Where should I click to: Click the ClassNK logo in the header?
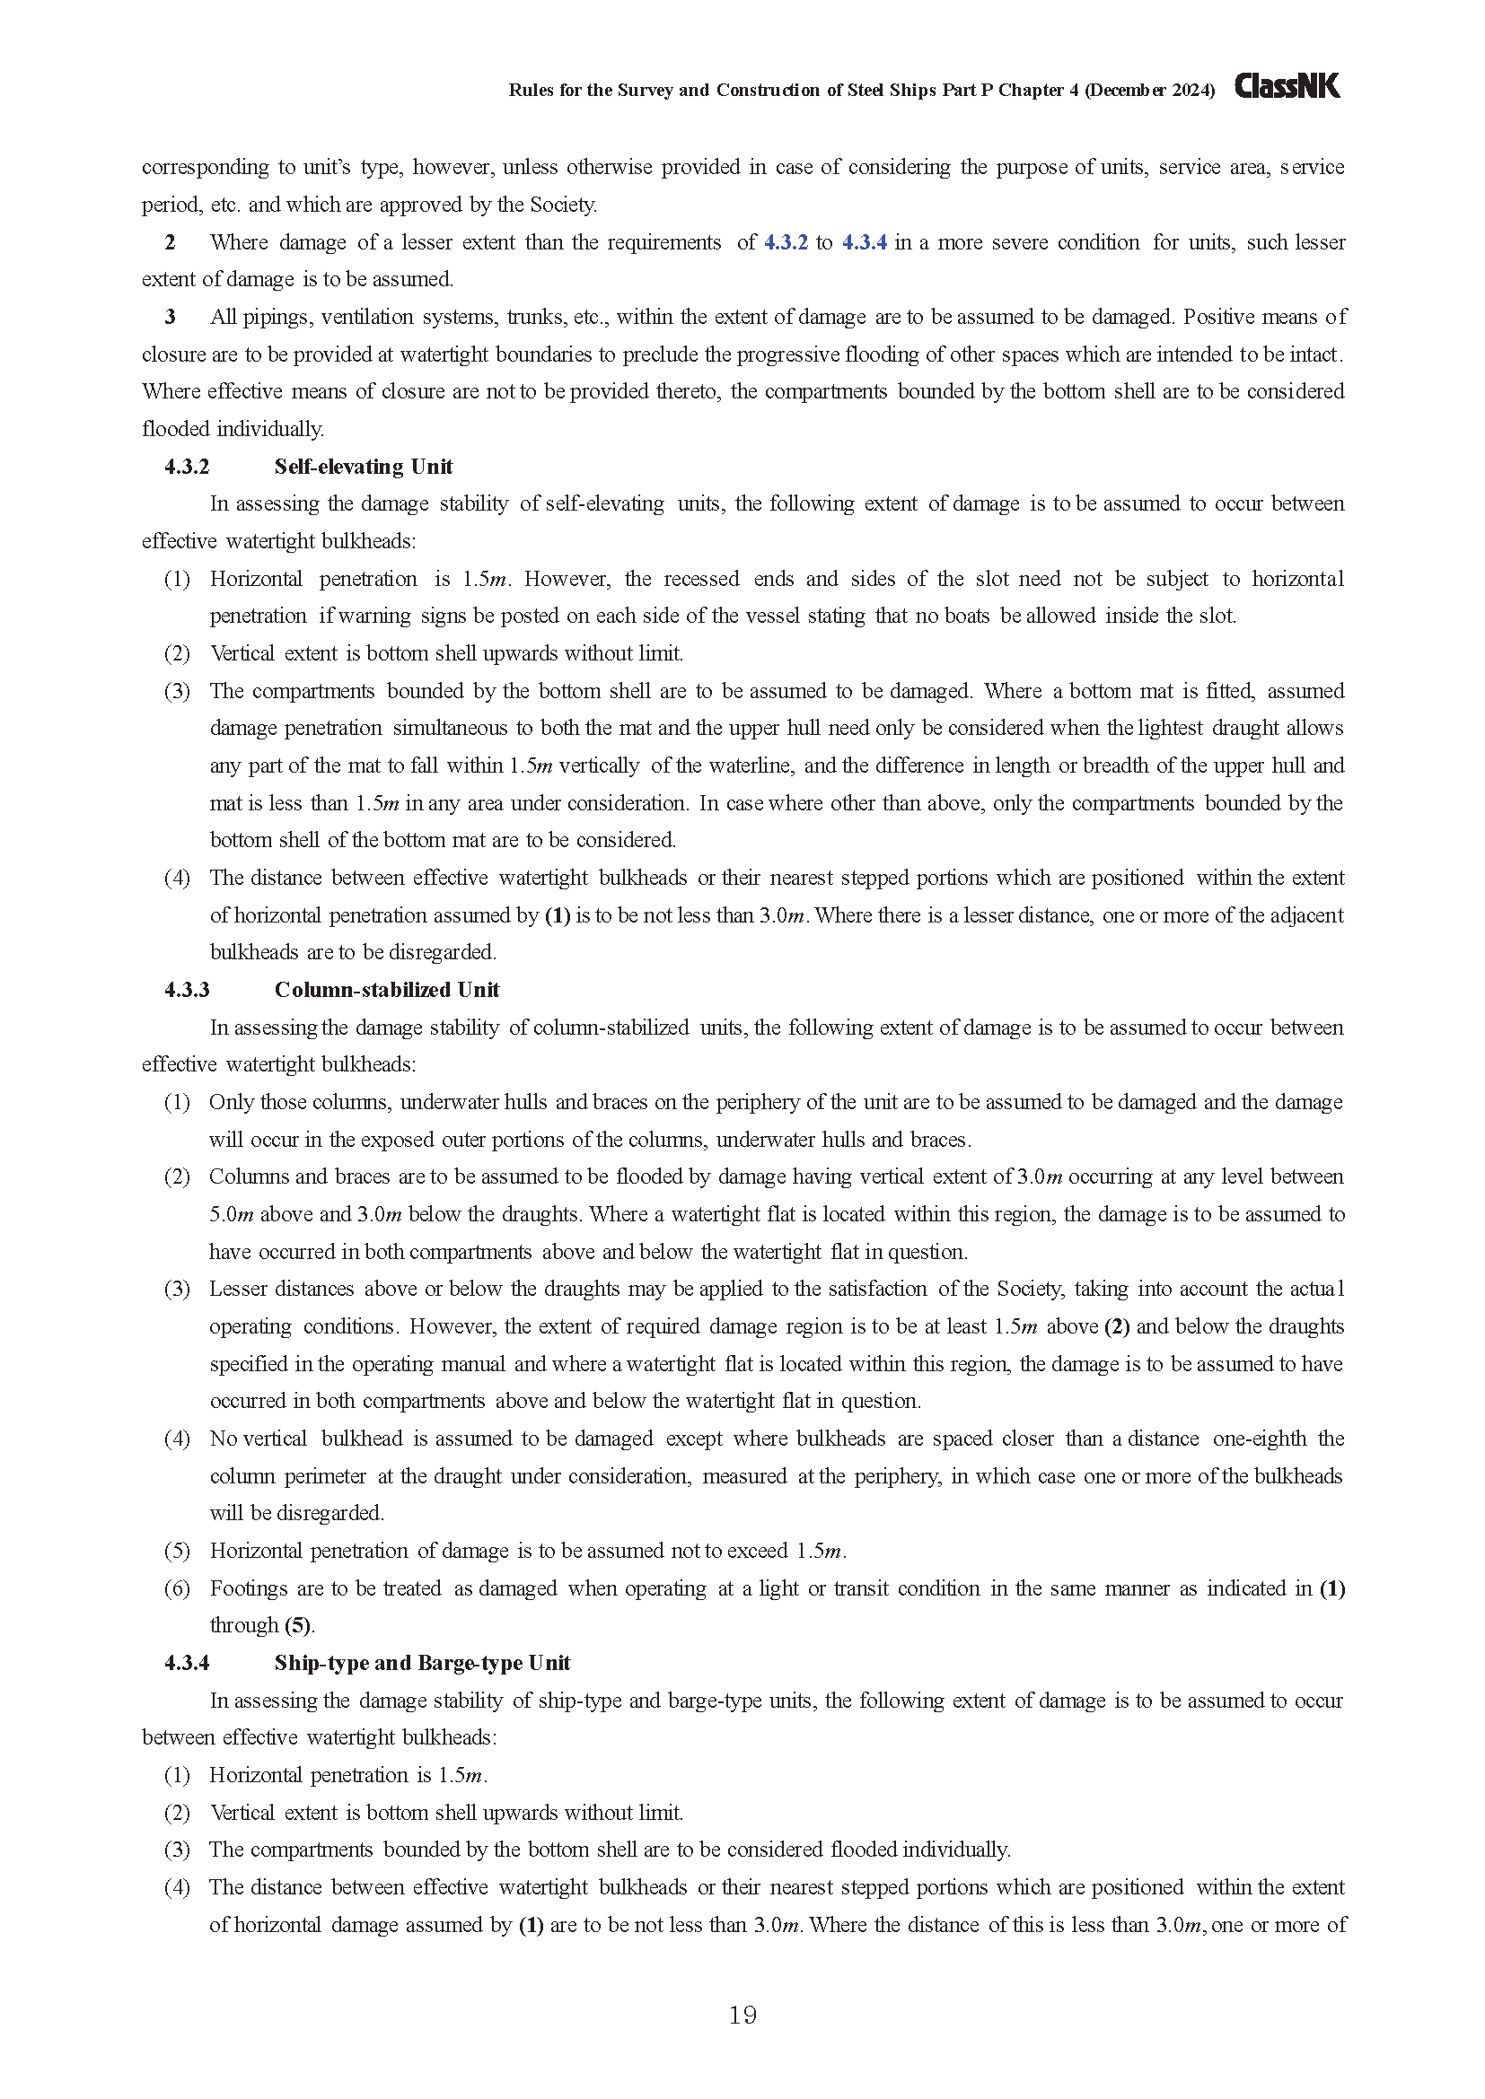click(x=1287, y=87)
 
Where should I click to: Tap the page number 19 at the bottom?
click(x=742, y=2015)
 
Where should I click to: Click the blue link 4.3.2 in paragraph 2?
click(x=786, y=242)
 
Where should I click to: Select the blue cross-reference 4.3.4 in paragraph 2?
click(x=864, y=242)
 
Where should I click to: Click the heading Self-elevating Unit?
click(x=363, y=467)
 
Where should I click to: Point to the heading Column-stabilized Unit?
click(x=387, y=990)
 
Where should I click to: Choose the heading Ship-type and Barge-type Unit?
click(x=422, y=1663)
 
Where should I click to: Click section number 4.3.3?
click(x=187, y=990)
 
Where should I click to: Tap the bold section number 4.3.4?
click(x=187, y=1663)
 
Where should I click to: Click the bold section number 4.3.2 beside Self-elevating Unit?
click(x=187, y=467)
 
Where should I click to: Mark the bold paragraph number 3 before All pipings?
click(x=170, y=317)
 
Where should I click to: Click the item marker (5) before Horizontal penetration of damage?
click(x=178, y=1551)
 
